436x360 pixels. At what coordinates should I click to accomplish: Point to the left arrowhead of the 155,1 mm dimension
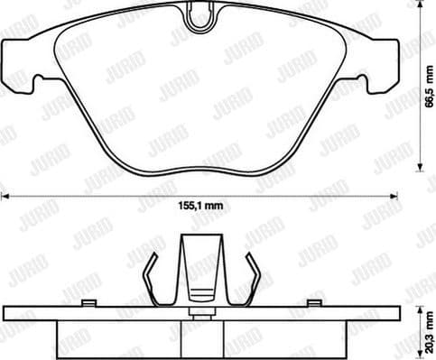pos(4,194)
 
